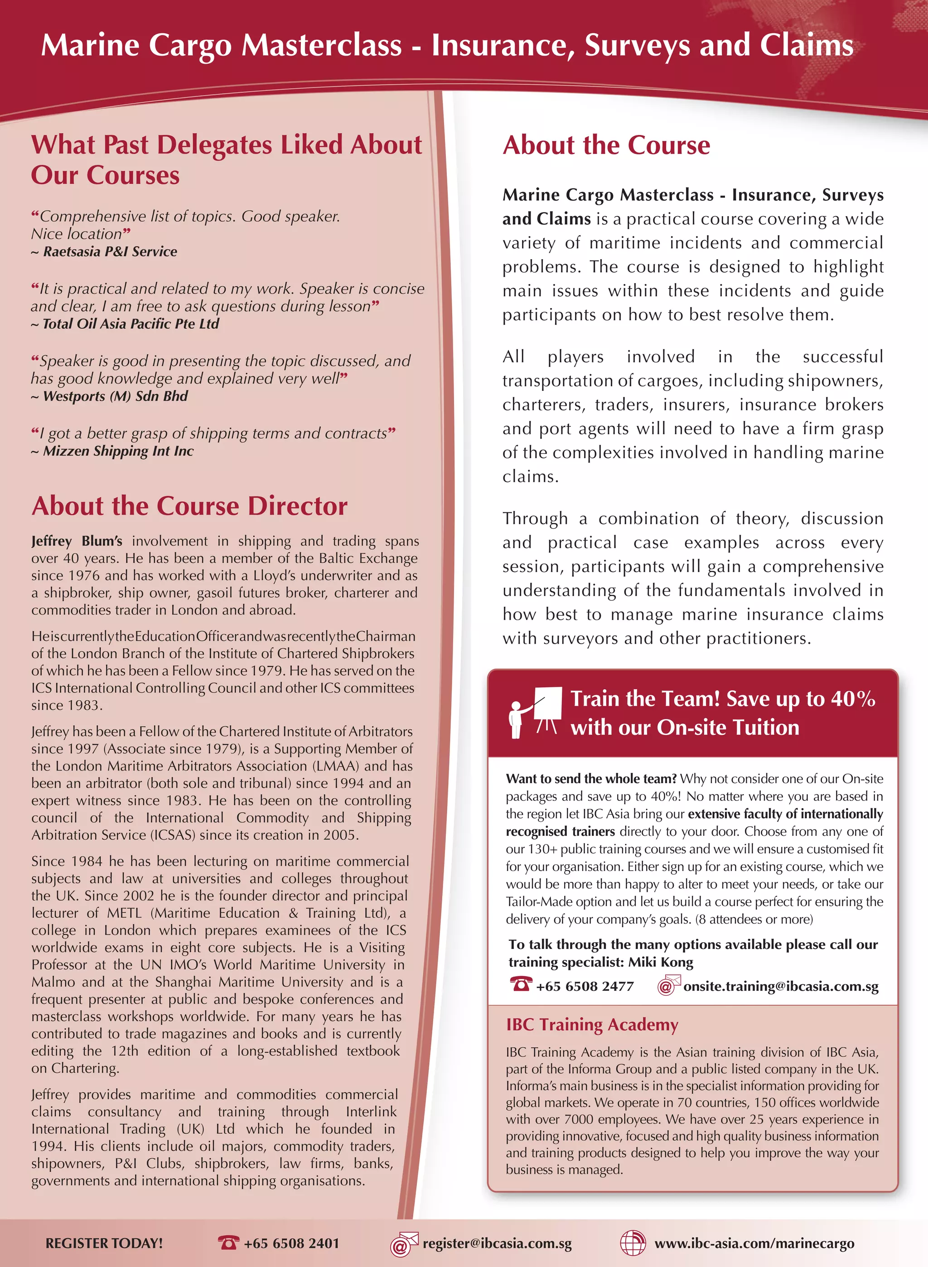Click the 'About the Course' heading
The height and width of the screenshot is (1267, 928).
coord(606,145)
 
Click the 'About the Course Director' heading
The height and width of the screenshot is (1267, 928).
coord(189,506)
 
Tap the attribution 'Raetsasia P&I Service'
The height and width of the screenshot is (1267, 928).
coord(110,251)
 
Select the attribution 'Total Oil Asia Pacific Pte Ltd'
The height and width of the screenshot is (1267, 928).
coord(130,324)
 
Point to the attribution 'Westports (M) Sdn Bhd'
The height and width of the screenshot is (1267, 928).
coord(115,396)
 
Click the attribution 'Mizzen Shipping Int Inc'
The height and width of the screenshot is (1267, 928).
coord(118,451)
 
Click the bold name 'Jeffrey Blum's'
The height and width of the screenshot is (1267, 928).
coord(77,541)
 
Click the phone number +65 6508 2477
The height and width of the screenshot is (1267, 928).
coord(585,986)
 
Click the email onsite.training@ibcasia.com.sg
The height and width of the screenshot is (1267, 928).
coord(781,986)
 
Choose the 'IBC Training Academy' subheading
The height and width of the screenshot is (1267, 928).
coord(592,1024)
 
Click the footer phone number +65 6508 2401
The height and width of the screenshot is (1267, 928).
coord(291,1243)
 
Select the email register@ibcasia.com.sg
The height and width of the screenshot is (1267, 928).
coord(497,1243)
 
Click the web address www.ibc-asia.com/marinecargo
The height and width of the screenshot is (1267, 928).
coord(754,1243)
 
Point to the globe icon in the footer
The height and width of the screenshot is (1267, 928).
coord(633,1243)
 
